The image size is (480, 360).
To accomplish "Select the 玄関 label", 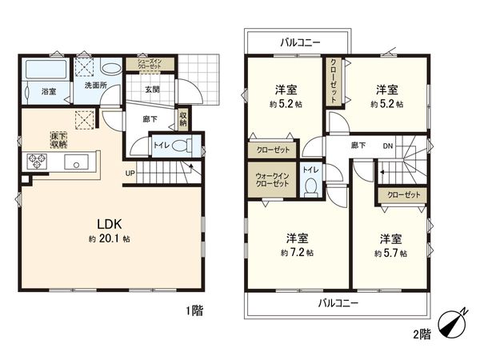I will pyautogui.click(x=152, y=88).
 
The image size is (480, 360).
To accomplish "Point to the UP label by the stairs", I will pyautogui.click(x=129, y=173).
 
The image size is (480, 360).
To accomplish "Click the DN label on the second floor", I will pyautogui.click(x=388, y=146).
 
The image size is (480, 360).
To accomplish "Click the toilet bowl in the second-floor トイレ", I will pyautogui.click(x=310, y=187).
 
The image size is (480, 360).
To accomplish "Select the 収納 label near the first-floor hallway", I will pyautogui.click(x=183, y=118).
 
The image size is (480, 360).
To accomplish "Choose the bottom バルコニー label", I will pyautogui.click(x=337, y=303).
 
